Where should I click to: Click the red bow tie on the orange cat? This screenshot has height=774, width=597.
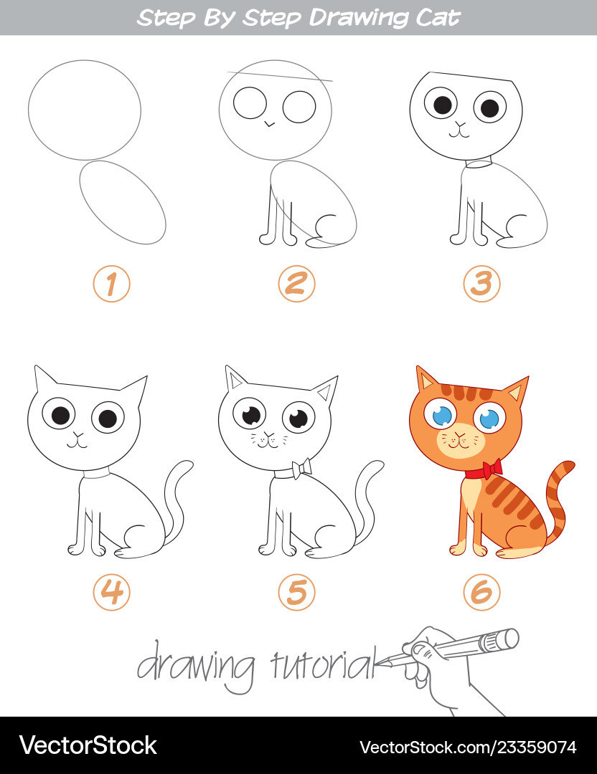[x=492, y=469]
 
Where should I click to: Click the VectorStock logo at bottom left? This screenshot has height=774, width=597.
[x=88, y=745]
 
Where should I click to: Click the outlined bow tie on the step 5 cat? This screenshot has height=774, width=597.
[x=301, y=469]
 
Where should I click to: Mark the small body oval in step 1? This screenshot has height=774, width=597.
[x=123, y=202]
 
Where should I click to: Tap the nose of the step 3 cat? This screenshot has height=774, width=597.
[x=461, y=125]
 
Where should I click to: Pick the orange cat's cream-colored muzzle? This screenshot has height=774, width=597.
[x=460, y=440]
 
